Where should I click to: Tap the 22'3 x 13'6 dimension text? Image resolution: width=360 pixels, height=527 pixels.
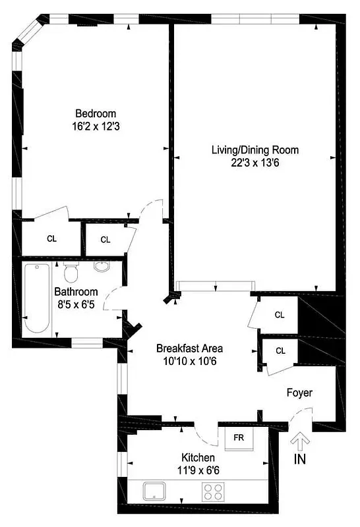point(255,163)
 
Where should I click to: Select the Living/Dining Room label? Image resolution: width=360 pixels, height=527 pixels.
point(255,150)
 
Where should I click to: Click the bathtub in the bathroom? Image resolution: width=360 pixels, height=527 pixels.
point(36,298)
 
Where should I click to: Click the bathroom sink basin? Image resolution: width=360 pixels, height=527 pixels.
point(102,267)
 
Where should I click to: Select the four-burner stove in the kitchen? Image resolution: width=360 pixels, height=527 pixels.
point(212,491)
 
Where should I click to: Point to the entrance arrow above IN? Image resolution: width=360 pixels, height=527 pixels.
point(300,439)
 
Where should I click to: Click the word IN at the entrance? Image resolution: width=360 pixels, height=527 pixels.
point(300,458)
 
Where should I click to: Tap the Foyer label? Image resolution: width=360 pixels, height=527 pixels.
point(299,393)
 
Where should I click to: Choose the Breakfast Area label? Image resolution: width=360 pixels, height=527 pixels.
point(189,348)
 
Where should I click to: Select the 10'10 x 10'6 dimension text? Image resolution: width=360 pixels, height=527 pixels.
point(189,360)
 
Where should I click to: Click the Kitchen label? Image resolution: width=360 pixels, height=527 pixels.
point(198,457)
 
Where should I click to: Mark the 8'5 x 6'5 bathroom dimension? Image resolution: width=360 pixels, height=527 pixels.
point(76,304)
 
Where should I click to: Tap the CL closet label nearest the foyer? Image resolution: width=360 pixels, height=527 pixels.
point(280,350)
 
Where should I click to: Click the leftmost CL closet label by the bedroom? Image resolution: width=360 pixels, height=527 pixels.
point(51,238)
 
